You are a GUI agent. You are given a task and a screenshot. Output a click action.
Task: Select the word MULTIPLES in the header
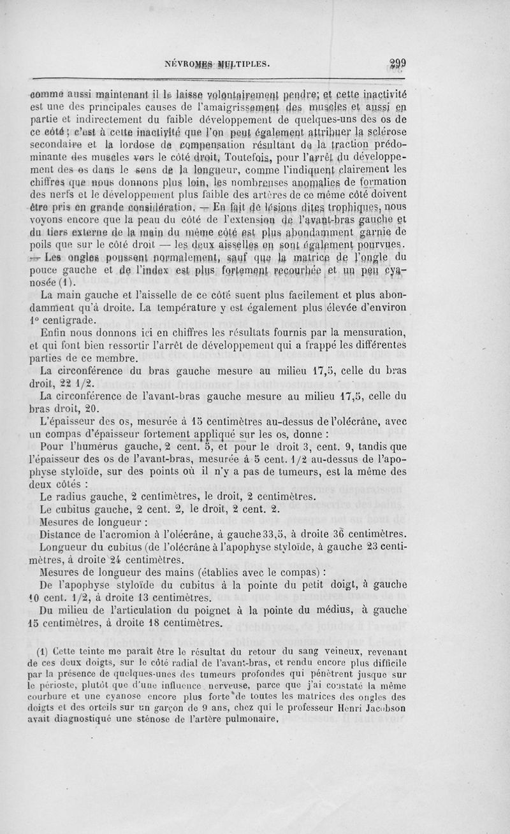[244, 64]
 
